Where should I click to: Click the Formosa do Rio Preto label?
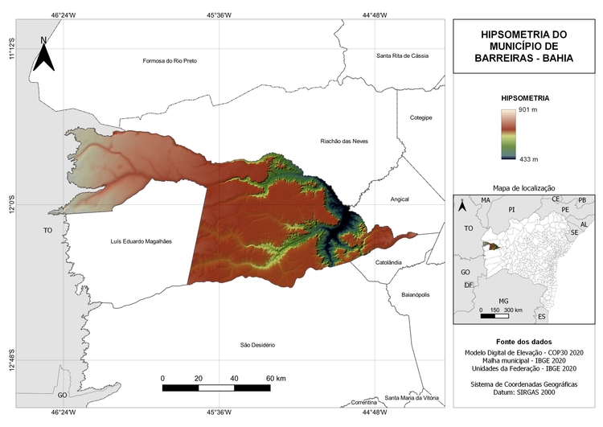point(169,61)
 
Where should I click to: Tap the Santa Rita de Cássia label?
point(403,55)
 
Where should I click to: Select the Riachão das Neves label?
point(345,141)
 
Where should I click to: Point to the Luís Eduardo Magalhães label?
point(141,241)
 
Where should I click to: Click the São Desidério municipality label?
point(257,345)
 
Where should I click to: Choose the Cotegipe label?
point(420,117)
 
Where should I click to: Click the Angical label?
point(400,199)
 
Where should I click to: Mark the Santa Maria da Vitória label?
point(412,398)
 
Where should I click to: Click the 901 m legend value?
point(528,109)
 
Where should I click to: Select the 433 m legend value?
point(528,159)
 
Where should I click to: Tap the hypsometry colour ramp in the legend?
point(507,134)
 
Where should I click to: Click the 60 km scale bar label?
point(276,378)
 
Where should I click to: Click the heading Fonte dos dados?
point(523,342)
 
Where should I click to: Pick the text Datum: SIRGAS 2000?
point(523,393)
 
